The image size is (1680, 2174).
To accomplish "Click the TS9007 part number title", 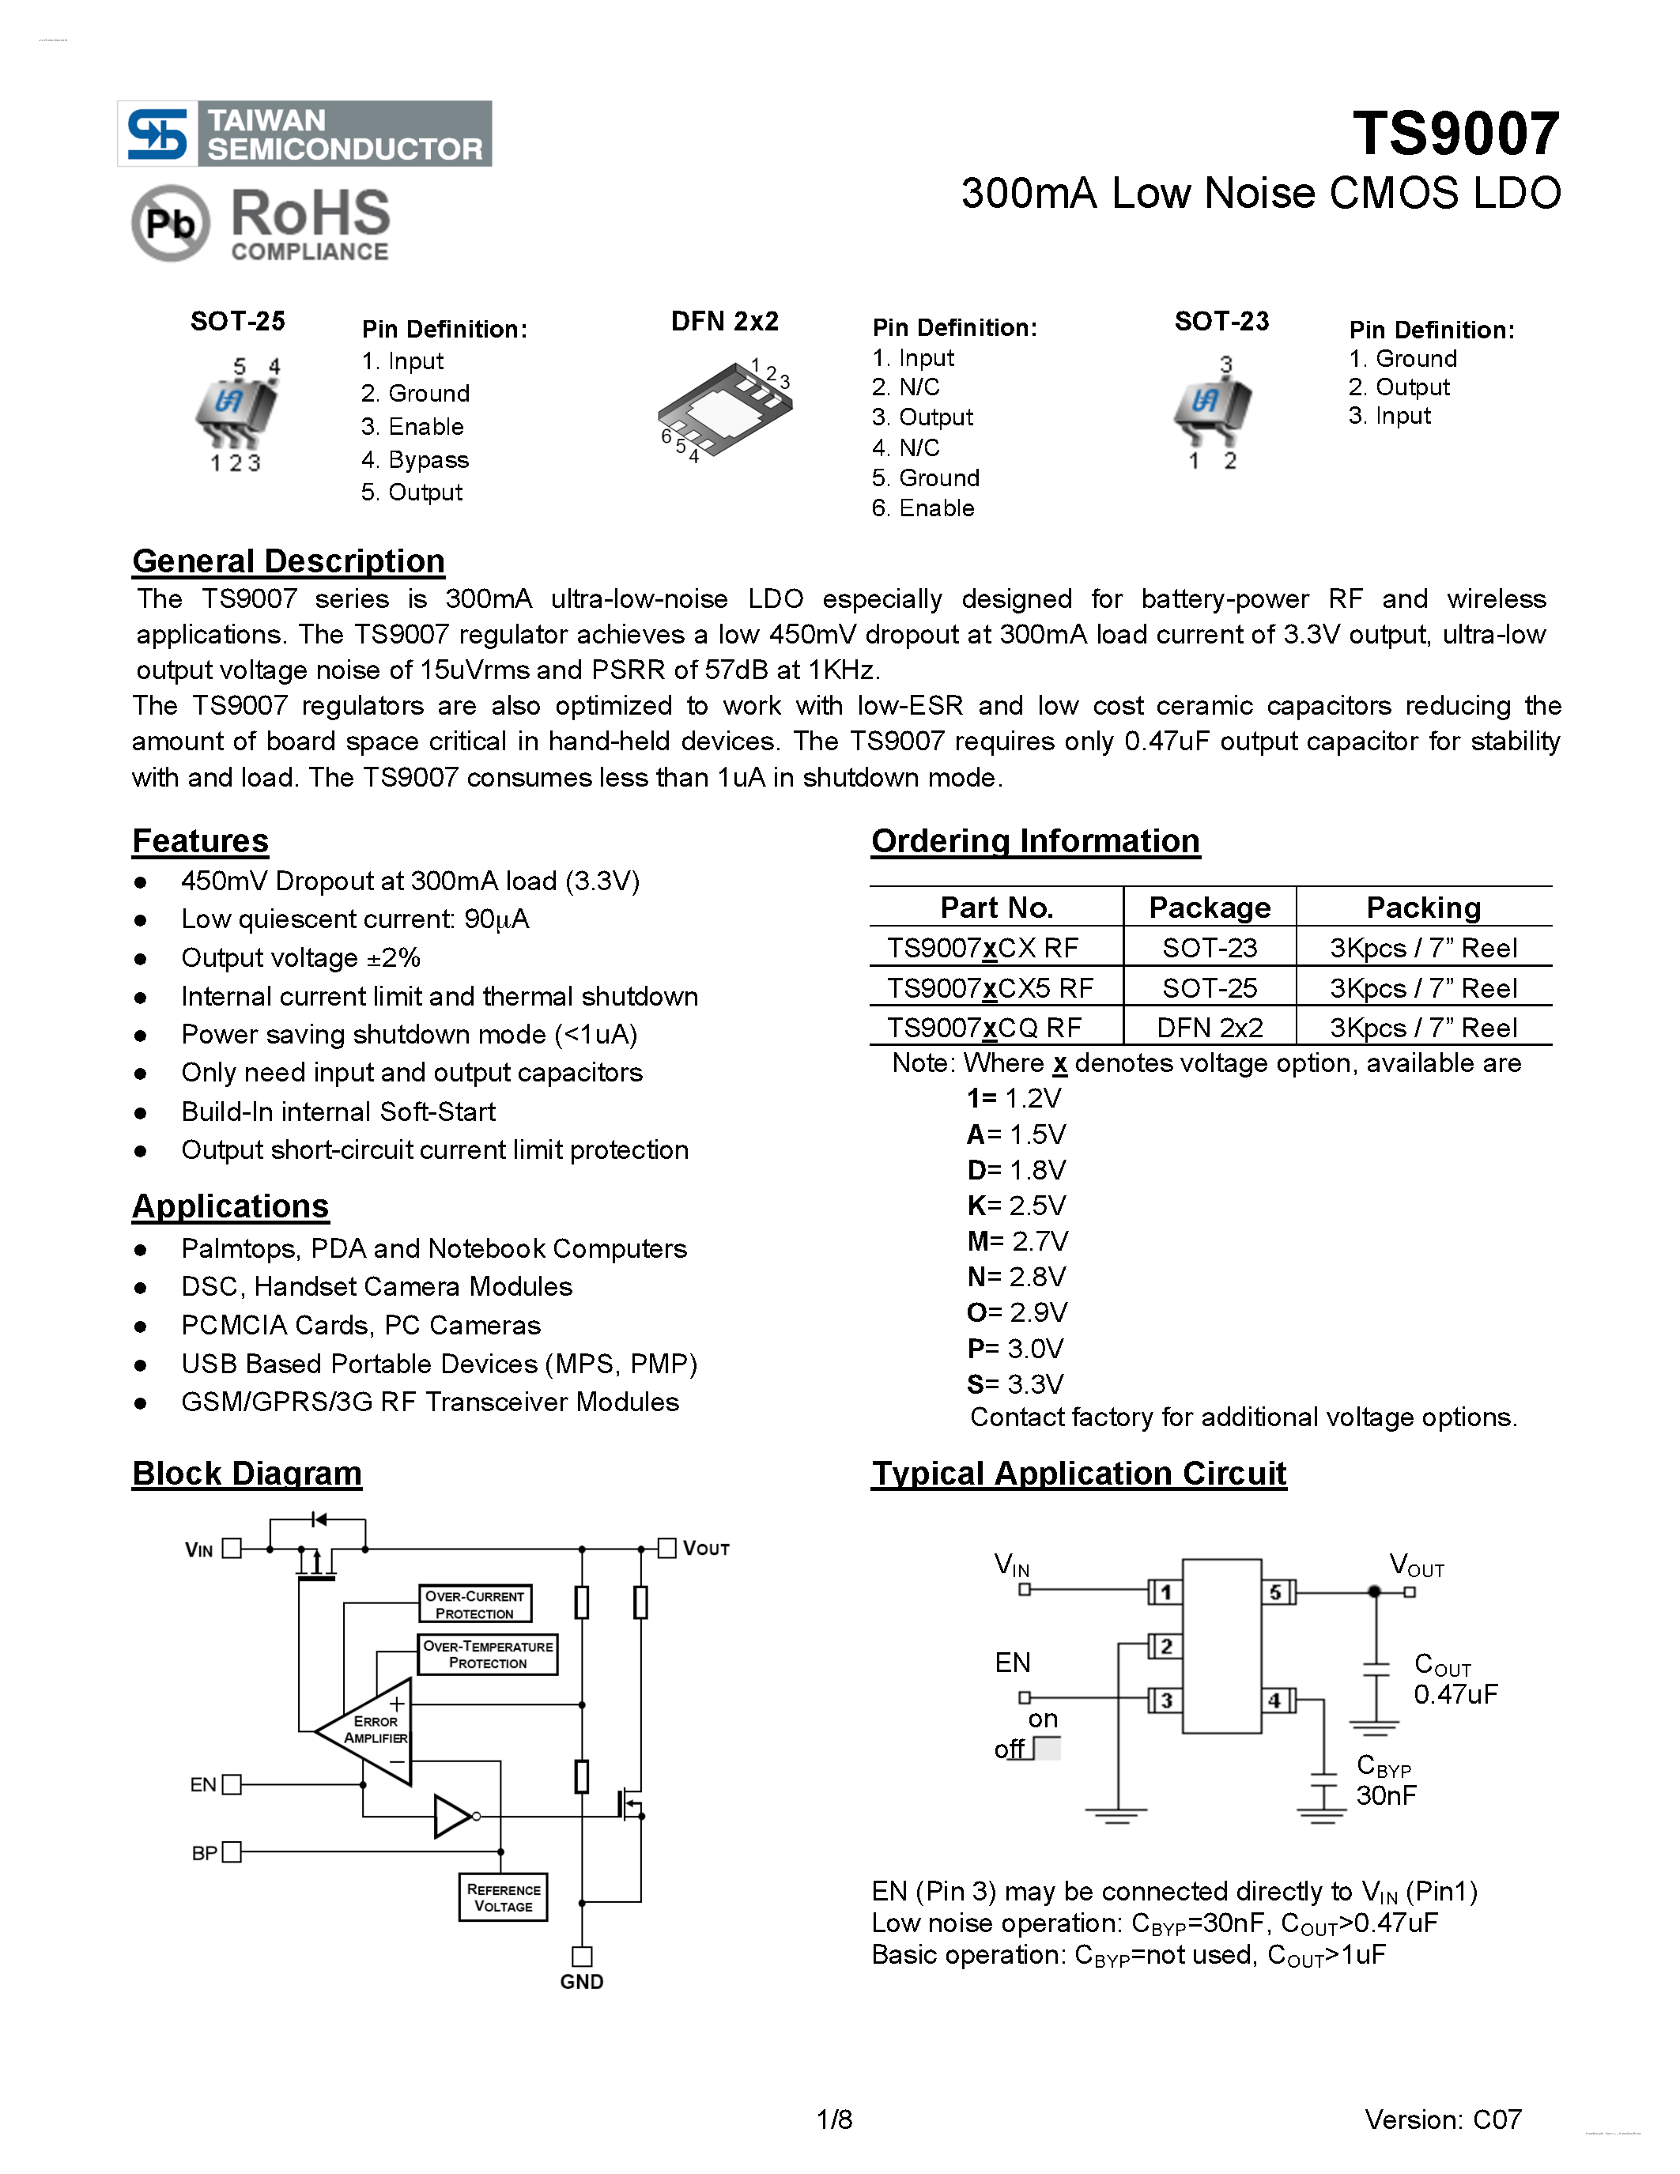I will pos(1455,134).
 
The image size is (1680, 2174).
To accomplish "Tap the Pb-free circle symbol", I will pos(170,223).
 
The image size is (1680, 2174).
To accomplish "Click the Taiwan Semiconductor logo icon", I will pos(157,134).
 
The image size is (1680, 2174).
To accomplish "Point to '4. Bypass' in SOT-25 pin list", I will pos(415,460).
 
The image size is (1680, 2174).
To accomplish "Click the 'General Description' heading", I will pos(288,561).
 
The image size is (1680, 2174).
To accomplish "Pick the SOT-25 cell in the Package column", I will pos(1210,987).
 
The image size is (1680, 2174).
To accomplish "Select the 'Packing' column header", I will pos(1423,907).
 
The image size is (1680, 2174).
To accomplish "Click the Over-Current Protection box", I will pos(474,1604).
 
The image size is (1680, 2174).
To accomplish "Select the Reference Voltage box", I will pos(504,1897).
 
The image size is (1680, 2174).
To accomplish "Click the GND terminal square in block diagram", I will pos(582,1956).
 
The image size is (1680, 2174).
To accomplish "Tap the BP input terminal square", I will pos(232,1851).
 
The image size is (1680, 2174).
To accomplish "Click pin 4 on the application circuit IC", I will pos(1275,1700).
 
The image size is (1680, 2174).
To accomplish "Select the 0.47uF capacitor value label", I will pos(1455,1694).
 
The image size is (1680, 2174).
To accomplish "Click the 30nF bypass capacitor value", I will pos(1385,1795).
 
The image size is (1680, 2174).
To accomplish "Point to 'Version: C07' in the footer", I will pos(1442,2119).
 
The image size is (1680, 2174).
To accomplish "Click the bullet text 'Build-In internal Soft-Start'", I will pos(338,1111).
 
